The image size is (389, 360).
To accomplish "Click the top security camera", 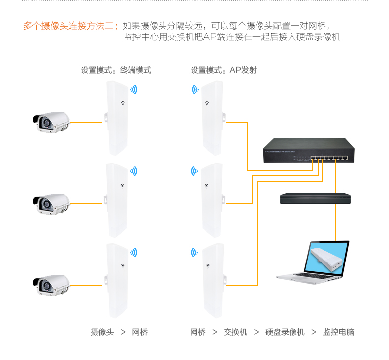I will click(51, 122).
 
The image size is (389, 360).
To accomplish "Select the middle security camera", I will click(51, 203).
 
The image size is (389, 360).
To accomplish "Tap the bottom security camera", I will click(51, 284).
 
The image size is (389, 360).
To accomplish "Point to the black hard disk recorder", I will click(315, 198).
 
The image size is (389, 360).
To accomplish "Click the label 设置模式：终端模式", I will click(116, 70).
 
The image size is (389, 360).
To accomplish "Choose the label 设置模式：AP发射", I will click(224, 70).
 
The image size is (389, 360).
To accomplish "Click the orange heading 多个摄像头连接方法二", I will click(70, 26).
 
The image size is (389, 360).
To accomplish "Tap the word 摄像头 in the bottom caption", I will click(102, 332).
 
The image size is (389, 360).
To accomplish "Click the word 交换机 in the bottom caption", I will click(235, 332).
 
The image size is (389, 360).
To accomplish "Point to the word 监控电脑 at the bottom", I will click(338, 332).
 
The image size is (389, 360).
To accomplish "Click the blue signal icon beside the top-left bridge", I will click(133, 90).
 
